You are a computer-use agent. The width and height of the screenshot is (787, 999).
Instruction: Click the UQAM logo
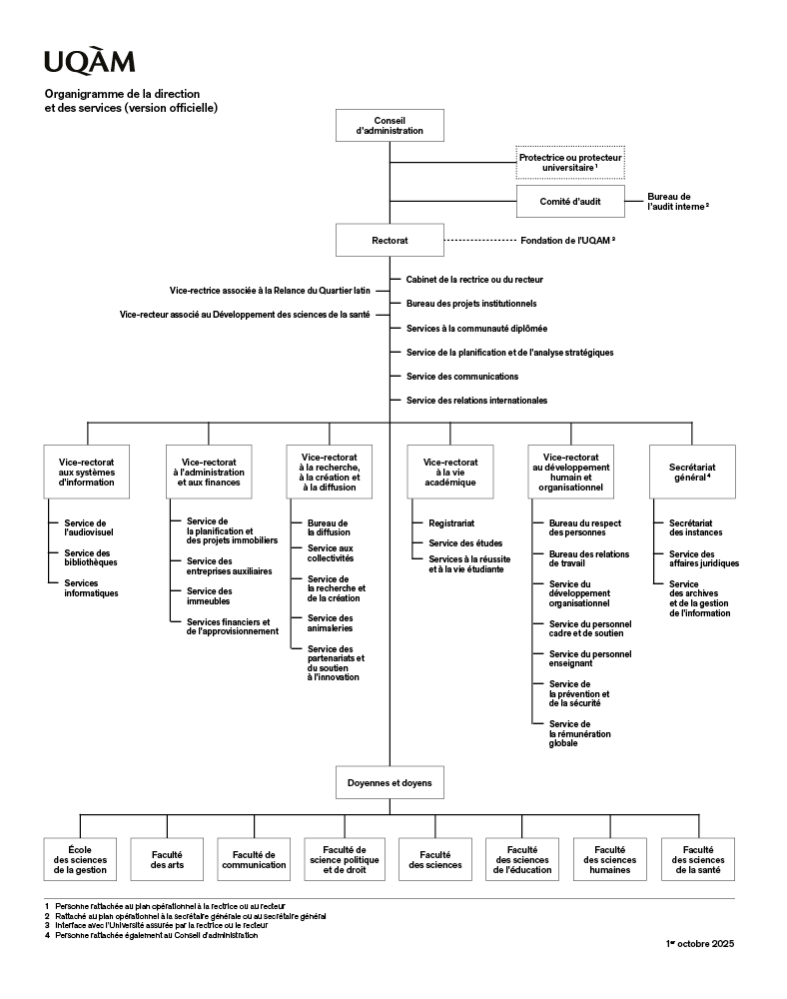pos(89,62)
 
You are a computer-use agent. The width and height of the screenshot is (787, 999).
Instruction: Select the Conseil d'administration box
pos(390,125)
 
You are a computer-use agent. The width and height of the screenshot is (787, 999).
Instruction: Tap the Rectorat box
pos(390,241)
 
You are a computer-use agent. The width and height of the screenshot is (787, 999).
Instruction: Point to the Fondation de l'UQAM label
pos(566,241)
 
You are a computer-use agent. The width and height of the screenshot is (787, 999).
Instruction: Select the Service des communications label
pos(461,376)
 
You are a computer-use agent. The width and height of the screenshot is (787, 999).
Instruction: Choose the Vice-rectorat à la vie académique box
pos(450,473)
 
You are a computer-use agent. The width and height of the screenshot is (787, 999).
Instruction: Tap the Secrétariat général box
pos(692,473)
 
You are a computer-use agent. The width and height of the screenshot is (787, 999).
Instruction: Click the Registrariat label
pos(450,522)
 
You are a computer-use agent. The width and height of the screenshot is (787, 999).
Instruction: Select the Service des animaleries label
pos(330,623)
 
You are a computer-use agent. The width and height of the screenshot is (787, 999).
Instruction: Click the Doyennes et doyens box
pos(390,783)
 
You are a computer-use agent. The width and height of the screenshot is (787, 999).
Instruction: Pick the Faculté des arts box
pos(167,860)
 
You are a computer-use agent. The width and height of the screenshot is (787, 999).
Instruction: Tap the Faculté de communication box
pos(255,860)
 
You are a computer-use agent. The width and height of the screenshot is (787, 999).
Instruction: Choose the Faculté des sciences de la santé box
pos(697,860)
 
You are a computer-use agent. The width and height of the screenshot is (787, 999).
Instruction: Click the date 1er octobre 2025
pos(699,943)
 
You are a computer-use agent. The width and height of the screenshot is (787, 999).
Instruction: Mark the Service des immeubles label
pos(209,596)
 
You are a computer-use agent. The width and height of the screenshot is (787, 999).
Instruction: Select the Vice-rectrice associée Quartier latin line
pos(270,291)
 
